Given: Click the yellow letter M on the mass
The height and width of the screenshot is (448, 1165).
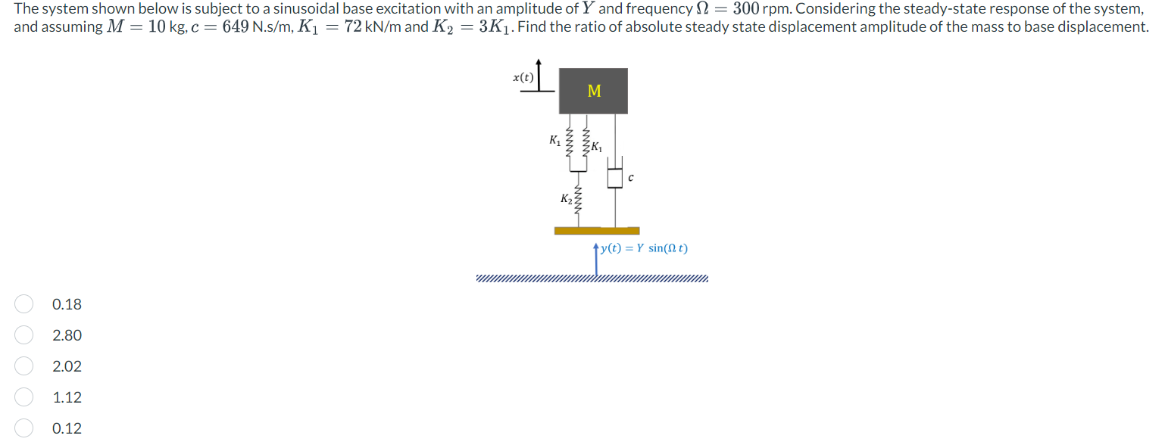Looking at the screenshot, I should point(594,92).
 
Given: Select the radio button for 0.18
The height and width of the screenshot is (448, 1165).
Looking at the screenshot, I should point(23,304).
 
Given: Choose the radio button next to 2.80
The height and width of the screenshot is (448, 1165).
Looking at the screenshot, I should point(23,335).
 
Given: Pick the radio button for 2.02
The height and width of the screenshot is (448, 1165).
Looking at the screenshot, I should point(23,366).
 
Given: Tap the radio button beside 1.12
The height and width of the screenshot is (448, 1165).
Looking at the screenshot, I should point(23,397).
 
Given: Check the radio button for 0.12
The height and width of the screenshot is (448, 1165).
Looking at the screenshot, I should point(23,428).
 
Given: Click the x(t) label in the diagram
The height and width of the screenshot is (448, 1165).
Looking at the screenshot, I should point(523,77).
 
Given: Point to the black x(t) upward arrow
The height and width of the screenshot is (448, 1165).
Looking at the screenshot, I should point(539,73).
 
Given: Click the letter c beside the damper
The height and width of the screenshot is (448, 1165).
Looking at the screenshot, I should point(630,179).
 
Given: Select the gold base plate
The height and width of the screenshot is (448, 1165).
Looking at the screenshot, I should point(597,231).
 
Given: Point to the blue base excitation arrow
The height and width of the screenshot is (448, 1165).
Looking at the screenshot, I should point(597,257).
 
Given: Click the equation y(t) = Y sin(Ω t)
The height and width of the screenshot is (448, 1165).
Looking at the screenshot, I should point(645,248).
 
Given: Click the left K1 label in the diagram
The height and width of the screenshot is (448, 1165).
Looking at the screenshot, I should point(554,140).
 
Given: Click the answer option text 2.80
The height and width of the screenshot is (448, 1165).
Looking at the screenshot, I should point(67,335).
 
